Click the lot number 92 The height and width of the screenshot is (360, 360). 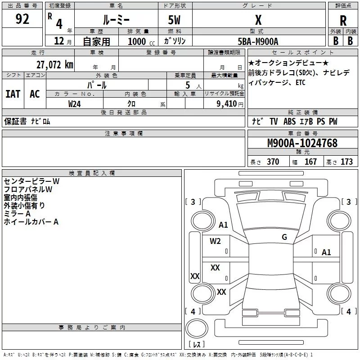22,19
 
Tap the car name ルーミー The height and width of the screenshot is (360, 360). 116,20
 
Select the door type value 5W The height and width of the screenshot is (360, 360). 174,20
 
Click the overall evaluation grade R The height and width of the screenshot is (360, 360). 343,21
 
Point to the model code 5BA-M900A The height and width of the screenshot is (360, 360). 258,41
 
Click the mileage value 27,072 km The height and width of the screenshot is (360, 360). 55,65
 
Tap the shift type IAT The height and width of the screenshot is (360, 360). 13,94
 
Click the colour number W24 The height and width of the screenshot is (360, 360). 75,104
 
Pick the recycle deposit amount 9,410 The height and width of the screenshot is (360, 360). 227,103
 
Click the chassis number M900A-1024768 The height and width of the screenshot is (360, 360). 302,143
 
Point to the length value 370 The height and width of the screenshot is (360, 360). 273,162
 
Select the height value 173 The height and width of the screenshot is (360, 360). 346,162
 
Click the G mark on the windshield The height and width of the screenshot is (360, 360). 284,237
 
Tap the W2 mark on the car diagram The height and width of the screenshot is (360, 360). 215,241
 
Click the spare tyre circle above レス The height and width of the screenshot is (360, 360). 197,328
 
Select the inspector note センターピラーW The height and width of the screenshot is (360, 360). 31,181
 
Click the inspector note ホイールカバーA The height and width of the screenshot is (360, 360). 31,221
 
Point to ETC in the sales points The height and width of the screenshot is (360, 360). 300,82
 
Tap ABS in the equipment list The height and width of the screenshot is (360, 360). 289,121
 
